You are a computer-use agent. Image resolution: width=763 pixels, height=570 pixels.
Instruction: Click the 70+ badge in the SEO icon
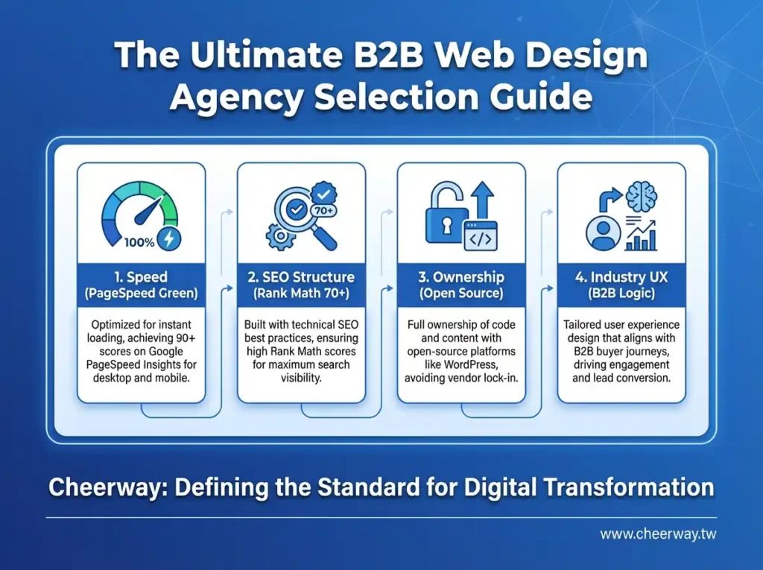323,210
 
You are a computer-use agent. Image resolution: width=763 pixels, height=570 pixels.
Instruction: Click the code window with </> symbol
481,236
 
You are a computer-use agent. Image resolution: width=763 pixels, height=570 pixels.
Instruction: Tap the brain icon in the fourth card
642,194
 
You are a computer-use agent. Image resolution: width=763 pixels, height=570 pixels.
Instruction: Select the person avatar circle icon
604,232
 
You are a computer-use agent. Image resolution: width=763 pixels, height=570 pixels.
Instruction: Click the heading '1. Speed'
141,277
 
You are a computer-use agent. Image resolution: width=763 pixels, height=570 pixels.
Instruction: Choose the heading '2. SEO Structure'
301,277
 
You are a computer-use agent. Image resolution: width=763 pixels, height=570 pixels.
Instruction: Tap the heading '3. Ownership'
461,277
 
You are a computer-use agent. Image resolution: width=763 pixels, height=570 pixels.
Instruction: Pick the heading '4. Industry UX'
621,277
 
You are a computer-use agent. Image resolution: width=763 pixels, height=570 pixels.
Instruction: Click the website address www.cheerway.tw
659,534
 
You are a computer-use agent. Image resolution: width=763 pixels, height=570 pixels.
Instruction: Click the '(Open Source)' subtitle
461,293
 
